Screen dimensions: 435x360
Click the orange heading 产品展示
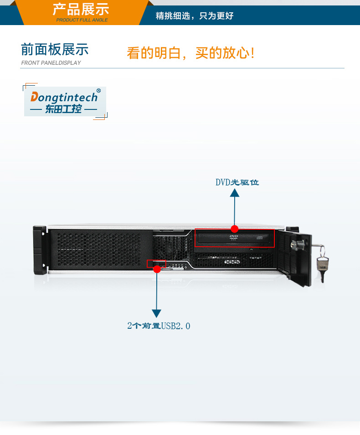[81, 9]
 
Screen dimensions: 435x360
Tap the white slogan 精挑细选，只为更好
[195, 16]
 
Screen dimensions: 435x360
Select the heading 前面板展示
[55, 50]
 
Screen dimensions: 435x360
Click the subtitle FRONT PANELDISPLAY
[51, 63]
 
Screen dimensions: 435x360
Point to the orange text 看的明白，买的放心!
[190, 53]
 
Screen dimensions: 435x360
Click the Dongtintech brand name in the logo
[64, 97]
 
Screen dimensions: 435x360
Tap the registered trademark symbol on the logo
[98, 91]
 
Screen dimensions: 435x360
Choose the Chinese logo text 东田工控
[63, 109]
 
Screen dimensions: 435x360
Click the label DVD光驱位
[237, 182]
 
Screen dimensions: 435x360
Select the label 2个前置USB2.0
[159, 326]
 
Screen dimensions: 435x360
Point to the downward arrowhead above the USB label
[157, 313]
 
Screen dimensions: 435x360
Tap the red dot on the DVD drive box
[235, 228]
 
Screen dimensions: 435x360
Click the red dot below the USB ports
[157, 269]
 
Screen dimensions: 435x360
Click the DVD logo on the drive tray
[234, 238]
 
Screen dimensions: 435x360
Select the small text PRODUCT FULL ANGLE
[82, 20]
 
